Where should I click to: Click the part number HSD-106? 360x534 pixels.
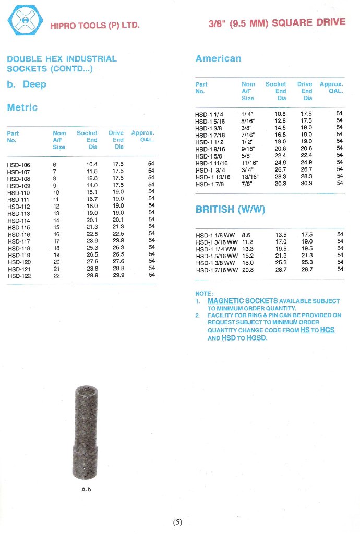tap(18, 165)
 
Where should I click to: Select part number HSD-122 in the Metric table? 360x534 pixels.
tap(19, 276)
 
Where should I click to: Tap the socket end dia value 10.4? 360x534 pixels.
tap(92, 164)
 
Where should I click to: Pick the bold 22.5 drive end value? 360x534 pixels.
tap(118, 234)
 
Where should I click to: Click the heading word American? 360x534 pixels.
tap(218, 58)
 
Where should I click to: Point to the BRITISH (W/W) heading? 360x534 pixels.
tap(230, 210)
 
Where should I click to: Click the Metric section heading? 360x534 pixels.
tap(22, 107)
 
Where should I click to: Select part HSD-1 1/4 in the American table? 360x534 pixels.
tap(209, 114)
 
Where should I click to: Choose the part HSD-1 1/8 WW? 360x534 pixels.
tap(217, 235)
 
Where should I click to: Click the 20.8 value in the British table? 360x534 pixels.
tap(247, 270)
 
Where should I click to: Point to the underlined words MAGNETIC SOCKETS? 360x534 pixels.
tap(243, 301)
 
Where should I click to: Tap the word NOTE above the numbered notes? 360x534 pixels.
tap(204, 294)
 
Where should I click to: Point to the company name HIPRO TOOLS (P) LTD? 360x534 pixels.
tap(94, 25)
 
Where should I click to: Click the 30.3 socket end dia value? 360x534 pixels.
tap(281, 183)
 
